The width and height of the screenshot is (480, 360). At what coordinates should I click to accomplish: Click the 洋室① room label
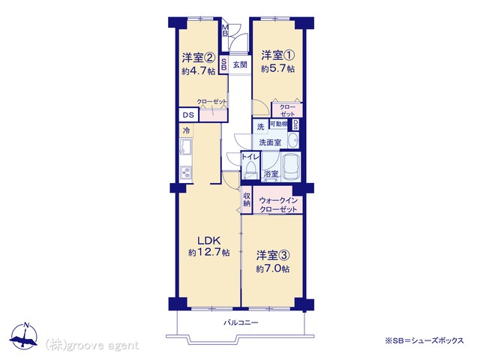point(278,55)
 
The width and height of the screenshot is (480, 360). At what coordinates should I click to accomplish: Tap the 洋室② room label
point(199,57)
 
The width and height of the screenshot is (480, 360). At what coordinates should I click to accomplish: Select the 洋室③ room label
point(273,255)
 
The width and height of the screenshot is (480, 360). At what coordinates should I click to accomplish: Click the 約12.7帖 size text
point(208,253)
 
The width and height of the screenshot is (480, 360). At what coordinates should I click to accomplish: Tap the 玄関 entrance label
point(240,65)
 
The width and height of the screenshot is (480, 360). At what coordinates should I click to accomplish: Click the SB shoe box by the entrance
point(224,64)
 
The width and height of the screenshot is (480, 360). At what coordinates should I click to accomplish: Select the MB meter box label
point(225,30)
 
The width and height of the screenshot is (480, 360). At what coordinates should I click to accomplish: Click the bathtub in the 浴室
point(290,167)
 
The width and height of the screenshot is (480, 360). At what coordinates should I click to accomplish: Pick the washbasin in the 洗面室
point(294,140)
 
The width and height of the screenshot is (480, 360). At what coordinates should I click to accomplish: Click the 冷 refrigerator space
point(186,131)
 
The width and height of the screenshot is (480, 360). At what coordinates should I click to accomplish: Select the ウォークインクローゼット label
point(278,205)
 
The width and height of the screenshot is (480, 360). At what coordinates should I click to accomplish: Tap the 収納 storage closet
point(247,200)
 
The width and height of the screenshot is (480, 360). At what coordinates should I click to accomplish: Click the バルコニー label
point(241,322)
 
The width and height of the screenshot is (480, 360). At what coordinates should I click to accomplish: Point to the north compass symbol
point(23,336)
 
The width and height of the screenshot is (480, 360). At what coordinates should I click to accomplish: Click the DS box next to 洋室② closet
point(188,115)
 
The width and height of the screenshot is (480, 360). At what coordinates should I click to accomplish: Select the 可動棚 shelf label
point(278,124)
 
